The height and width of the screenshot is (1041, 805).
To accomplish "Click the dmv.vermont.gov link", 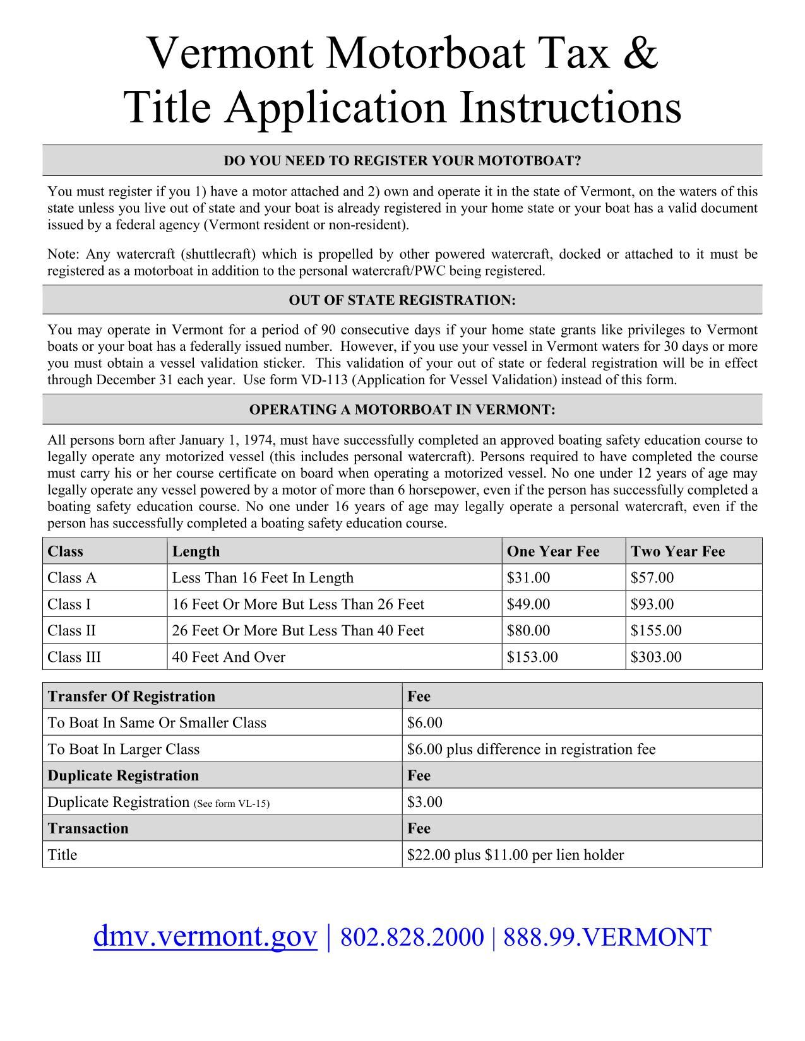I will coord(205,937).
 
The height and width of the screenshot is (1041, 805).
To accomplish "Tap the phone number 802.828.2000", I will coord(412,938).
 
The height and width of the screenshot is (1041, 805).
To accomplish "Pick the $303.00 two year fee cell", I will coord(656,657).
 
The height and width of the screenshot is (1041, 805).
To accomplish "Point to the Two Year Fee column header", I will coord(677,551).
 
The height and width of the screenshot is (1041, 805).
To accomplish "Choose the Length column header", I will coord(196,551).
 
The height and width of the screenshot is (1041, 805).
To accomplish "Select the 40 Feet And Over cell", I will coord(229,657).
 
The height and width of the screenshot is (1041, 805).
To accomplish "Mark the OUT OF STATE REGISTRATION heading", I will coord(402,300).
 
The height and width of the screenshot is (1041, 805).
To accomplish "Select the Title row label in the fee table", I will coord(63,856).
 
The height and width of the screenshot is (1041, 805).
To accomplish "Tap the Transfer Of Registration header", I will coord(131,697).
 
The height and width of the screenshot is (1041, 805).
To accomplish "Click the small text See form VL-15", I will coord(231,804).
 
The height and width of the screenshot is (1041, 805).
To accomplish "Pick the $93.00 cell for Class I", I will coord(652,604).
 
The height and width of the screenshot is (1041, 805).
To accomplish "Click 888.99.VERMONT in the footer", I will coord(607,938).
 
